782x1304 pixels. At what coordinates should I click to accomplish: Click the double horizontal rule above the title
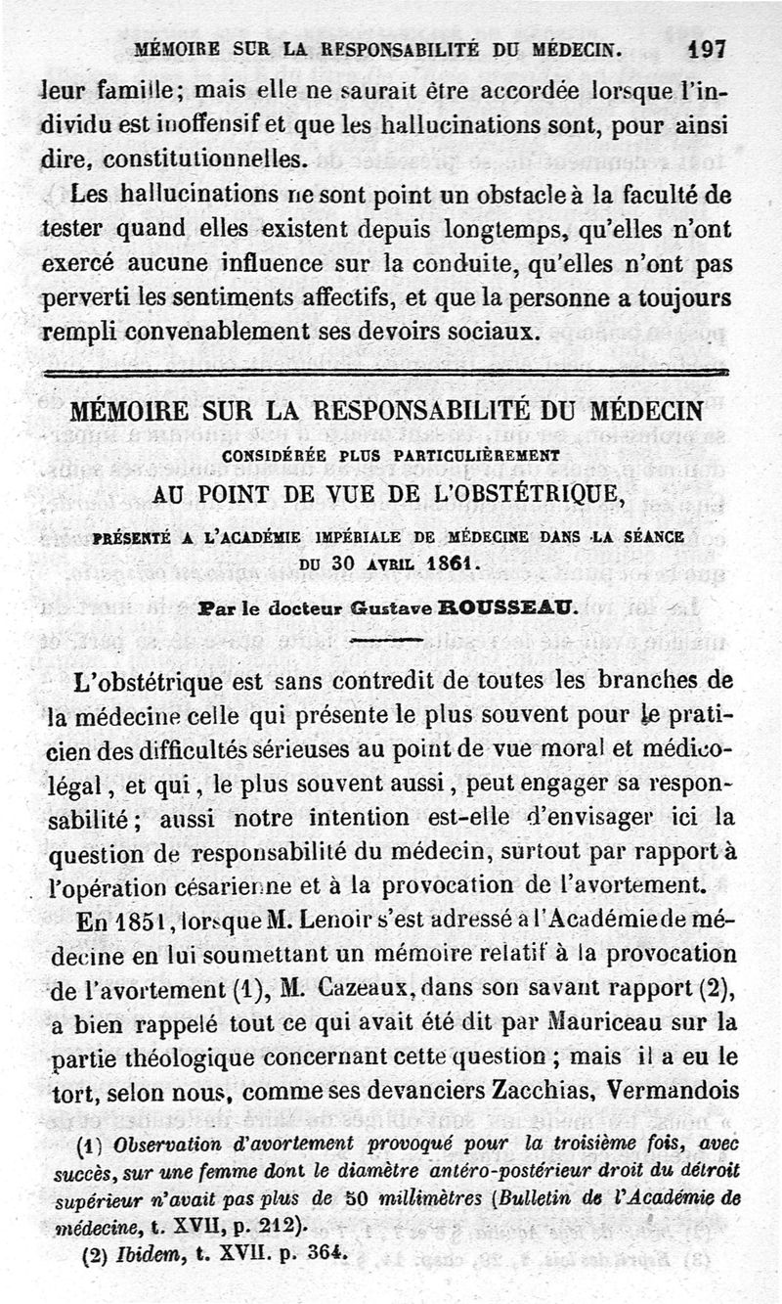(387, 374)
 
